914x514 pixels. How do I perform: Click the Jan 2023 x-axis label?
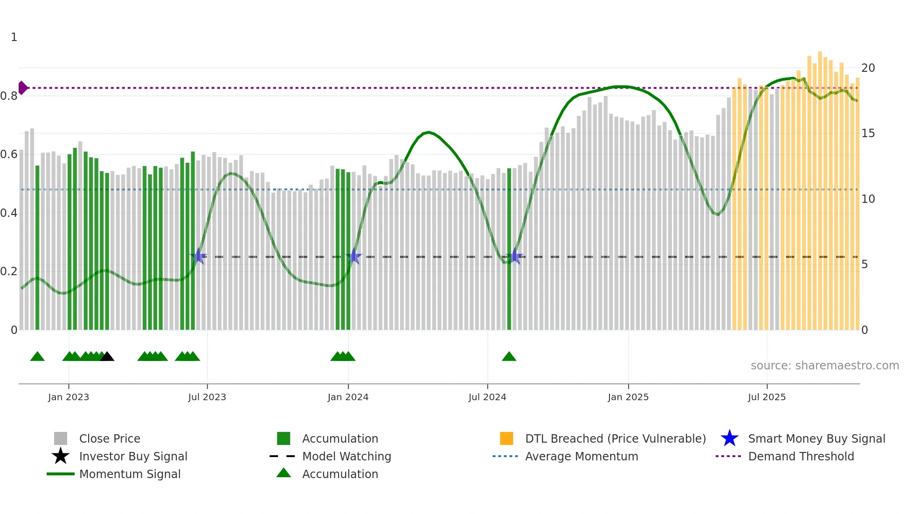(x=69, y=397)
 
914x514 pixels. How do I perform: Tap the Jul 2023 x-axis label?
(x=207, y=397)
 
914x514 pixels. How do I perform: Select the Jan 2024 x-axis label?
(x=348, y=397)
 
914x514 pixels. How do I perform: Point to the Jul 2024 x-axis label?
(x=487, y=397)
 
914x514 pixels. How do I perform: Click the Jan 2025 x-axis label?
(x=628, y=397)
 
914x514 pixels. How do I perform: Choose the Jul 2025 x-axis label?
(x=767, y=397)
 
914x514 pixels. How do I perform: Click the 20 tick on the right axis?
(x=868, y=68)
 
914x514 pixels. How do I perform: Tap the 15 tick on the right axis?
(x=868, y=133)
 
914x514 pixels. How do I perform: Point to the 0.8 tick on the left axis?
(x=9, y=96)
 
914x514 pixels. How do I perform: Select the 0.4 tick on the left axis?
(x=9, y=213)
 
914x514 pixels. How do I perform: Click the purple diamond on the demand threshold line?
(x=22, y=88)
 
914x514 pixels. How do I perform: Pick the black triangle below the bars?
(x=107, y=357)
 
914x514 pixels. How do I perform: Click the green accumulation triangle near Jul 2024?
(x=509, y=357)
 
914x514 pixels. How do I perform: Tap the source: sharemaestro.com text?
(x=824, y=366)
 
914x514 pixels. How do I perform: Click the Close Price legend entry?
(x=110, y=439)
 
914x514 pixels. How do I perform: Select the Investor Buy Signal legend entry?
(x=133, y=457)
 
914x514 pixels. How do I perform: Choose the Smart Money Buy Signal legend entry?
(x=816, y=439)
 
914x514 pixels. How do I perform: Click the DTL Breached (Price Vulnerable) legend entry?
(x=615, y=439)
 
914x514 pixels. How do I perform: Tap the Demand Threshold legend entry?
(x=801, y=457)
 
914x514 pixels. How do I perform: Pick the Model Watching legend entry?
(x=346, y=457)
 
